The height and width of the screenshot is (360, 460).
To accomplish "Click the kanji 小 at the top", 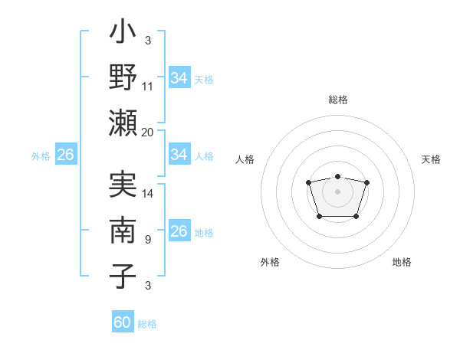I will point(123,35).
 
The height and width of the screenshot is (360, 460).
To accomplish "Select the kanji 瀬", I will point(123,122).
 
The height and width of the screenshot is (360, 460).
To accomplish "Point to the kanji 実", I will point(123,185).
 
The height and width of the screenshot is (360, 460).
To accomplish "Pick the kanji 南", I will point(123,229).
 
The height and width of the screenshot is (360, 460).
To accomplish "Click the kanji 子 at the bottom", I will point(123,275).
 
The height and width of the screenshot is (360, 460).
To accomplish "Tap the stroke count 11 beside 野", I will point(148,87).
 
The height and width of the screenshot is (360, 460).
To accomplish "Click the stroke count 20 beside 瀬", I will point(148,132).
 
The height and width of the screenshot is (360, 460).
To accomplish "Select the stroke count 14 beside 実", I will point(148,194).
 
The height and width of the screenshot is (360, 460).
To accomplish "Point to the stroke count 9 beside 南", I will point(148,238).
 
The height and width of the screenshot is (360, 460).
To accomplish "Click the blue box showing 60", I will point(123,322).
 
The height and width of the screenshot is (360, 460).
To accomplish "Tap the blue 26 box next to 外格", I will point(65,155).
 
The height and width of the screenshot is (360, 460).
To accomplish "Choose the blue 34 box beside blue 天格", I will point(179,78).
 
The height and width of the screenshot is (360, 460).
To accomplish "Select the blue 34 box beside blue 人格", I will point(179,155).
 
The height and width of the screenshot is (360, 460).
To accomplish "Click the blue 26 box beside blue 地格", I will point(179,231).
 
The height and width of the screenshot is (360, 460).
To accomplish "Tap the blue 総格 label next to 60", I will point(147,324).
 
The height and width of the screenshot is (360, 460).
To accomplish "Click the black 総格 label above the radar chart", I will point(337,100).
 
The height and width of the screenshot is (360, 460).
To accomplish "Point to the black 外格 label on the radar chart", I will point(270,262).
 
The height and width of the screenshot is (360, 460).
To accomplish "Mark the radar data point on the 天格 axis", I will point(366,182).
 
